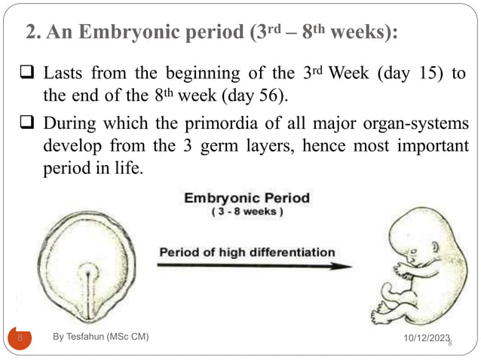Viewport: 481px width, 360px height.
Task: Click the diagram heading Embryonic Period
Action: coord(246,200)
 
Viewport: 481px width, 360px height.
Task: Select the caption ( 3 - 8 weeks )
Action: coord(247,213)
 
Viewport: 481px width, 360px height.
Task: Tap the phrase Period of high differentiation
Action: coord(247,252)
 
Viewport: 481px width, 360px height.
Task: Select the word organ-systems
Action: coord(410,123)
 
